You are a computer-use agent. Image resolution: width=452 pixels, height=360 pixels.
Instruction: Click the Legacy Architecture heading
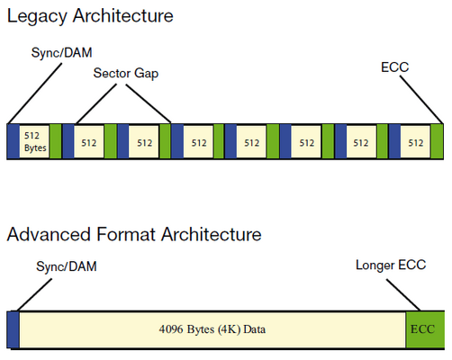pyautogui.click(x=90, y=16)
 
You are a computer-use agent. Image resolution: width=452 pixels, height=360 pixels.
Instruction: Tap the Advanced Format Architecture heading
pyautogui.click(x=134, y=234)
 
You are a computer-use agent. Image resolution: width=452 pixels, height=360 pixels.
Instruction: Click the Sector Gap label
pyautogui.click(x=126, y=74)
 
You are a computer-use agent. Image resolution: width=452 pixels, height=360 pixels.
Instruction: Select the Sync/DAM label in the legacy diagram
pyautogui.click(x=61, y=53)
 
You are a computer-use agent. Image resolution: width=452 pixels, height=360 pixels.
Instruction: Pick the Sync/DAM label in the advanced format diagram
pyautogui.click(x=67, y=266)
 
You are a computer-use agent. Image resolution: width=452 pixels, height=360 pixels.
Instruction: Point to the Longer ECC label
pyautogui.click(x=391, y=265)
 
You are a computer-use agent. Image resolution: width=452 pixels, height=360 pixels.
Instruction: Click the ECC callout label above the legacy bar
pyautogui.click(x=394, y=67)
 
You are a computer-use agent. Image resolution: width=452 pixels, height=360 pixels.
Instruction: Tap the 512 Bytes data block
pyautogui.click(x=34, y=141)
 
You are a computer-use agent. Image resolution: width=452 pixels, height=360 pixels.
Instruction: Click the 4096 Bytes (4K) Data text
pyautogui.click(x=212, y=329)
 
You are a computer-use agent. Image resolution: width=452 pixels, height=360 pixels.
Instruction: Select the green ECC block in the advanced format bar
pyautogui.click(x=425, y=329)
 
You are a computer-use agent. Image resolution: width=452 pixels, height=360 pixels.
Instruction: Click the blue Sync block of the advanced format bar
pyautogui.click(x=14, y=329)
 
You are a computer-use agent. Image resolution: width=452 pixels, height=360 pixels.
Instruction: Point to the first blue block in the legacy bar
pyautogui.click(x=14, y=141)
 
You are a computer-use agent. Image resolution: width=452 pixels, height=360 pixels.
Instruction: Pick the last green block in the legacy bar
pyautogui.click(x=437, y=141)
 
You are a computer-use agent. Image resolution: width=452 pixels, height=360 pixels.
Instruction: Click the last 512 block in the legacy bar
pyautogui.click(x=415, y=142)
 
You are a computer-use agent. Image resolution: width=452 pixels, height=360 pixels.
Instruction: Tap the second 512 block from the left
pyautogui.click(x=89, y=142)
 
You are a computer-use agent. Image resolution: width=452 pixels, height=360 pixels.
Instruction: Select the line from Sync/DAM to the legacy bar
pyautogui.click(x=35, y=94)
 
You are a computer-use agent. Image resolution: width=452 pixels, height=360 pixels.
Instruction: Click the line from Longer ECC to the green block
pyautogui.click(x=403, y=295)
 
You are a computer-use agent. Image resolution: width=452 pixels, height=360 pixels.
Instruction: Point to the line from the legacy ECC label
pyautogui.click(x=421, y=100)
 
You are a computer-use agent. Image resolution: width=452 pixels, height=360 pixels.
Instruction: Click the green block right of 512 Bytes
pyautogui.click(x=56, y=141)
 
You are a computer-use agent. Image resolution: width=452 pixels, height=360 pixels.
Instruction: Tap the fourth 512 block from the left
pyautogui.click(x=198, y=142)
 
